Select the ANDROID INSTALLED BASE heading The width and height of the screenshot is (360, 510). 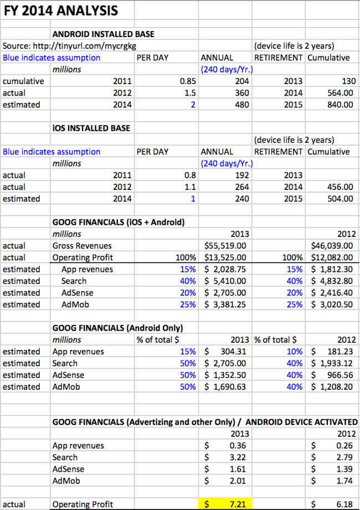[103, 34]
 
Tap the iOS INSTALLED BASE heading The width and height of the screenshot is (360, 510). [91, 128]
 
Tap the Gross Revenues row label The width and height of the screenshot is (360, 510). [82, 245]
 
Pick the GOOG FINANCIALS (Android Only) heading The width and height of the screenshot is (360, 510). [117, 328]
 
